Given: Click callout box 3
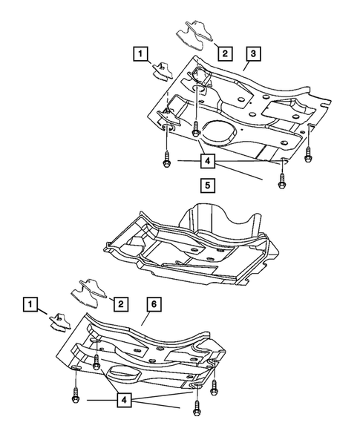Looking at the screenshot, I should (254, 53).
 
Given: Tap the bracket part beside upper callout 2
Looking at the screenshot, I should (192, 36).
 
